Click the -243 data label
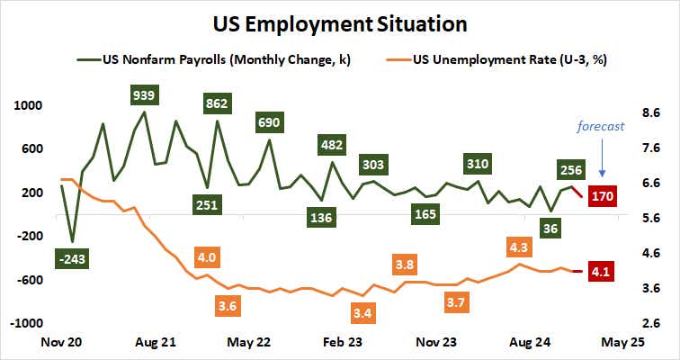[x=71, y=259]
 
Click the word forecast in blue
[x=601, y=127]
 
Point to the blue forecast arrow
[x=602, y=157]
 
